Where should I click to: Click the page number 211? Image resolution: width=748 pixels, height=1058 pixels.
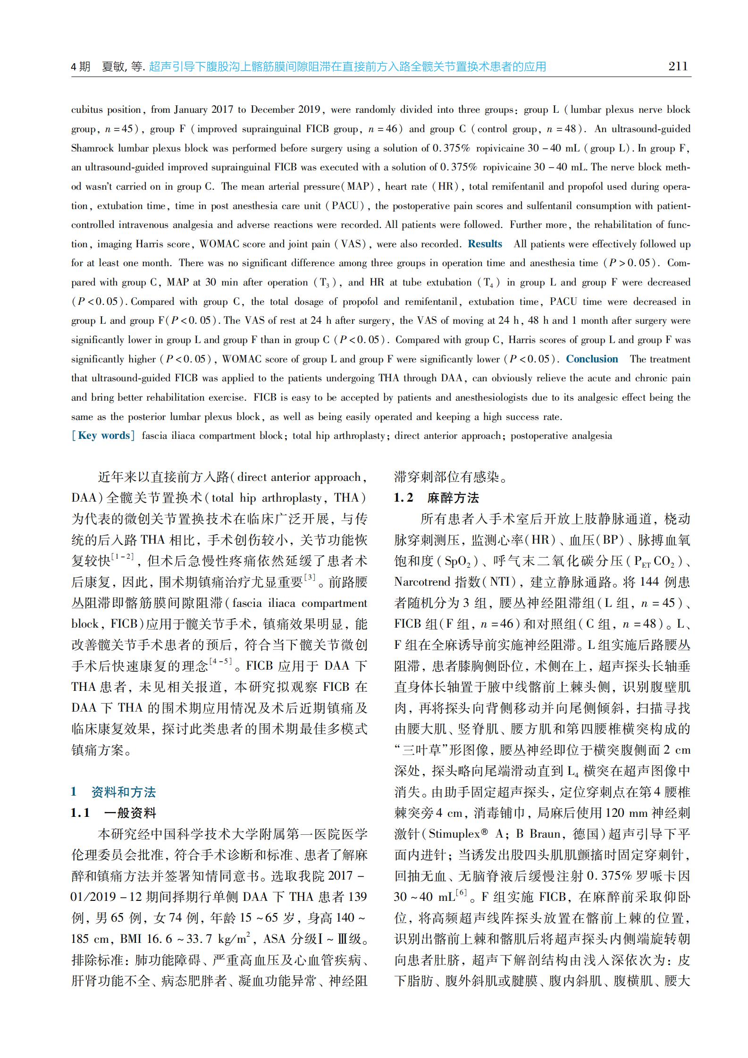pyautogui.click(x=678, y=67)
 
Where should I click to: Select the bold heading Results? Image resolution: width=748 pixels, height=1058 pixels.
pyautogui.click(x=485, y=244)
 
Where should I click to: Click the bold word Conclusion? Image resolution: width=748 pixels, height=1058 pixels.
pyautogui.click(x=592, y=359)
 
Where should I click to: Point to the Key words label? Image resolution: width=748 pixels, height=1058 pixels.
pyautogui.click(x=103, y=436)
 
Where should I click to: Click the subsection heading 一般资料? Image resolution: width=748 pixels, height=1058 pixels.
pyautogui.click(x=130, y=813)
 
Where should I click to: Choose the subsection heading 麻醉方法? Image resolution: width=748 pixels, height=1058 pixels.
pyautogui.click(x=453, y=498)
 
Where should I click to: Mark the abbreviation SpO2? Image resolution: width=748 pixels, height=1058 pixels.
pyautogui.click(x=457, y=561)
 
